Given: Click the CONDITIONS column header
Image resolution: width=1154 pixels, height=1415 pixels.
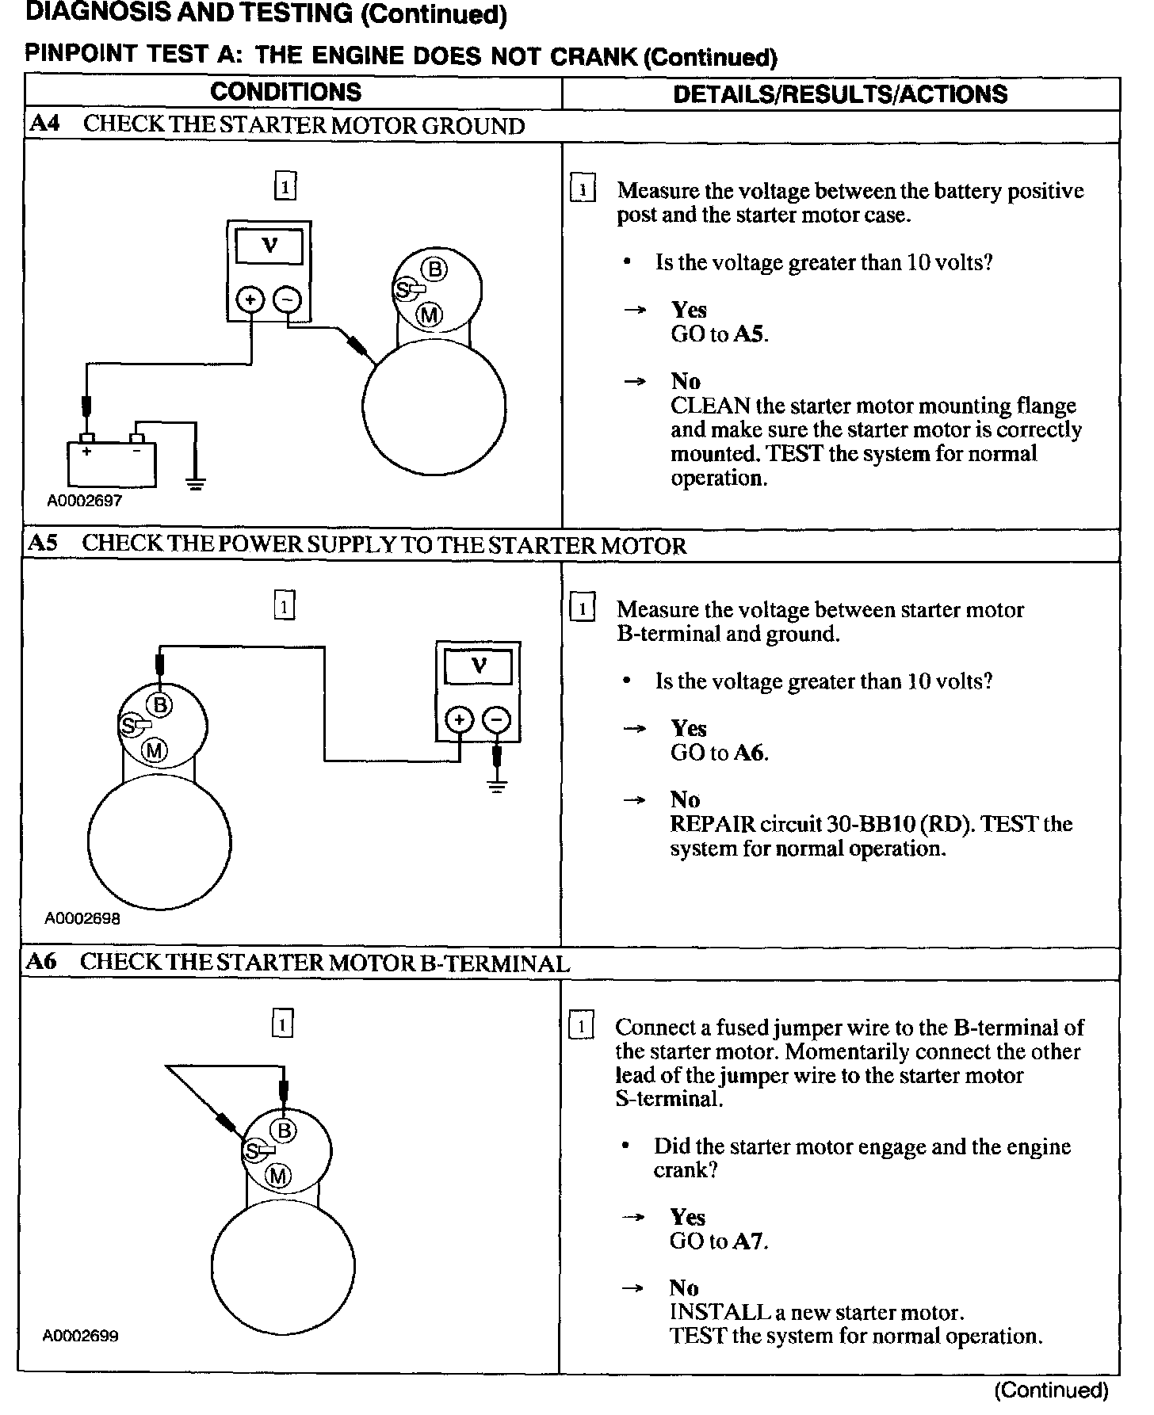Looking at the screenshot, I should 285,92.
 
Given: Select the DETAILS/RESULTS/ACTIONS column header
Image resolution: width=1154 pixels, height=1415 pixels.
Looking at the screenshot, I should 840,94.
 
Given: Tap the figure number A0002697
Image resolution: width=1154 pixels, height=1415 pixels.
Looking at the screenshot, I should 85,501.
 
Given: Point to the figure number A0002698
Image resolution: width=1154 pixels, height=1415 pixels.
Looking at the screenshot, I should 83,919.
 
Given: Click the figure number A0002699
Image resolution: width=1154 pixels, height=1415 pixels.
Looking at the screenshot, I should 81,1336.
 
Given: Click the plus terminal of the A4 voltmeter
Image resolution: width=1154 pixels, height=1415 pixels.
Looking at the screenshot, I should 250,299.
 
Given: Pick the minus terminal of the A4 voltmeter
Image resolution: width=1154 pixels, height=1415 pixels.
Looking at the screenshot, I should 287,299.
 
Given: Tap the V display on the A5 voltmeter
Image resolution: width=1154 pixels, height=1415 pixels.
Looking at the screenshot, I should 478,666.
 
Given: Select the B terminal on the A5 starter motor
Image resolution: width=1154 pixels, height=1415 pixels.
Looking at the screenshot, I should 160,704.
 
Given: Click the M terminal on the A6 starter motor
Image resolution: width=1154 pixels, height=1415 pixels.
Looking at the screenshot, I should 278,1177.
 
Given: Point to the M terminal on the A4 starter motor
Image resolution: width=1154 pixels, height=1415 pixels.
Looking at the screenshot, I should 430,315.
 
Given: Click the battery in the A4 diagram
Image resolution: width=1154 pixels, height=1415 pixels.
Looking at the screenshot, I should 111,463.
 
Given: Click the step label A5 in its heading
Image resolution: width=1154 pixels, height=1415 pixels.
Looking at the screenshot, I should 43,543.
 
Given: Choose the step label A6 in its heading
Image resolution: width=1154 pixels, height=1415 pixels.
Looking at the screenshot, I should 41,962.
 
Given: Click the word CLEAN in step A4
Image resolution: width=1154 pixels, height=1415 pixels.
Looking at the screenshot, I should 710,406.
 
